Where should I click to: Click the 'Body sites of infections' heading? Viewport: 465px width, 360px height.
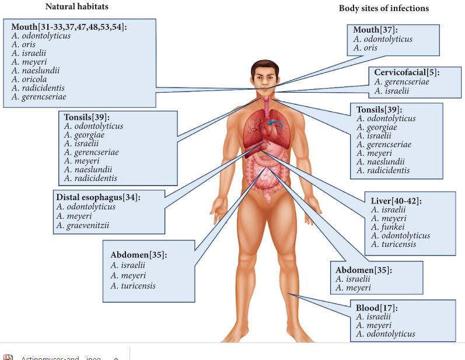click(383, 8)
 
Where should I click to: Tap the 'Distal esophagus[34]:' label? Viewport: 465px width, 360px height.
click(98, 197)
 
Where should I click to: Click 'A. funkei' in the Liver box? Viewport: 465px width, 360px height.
click(385, 227)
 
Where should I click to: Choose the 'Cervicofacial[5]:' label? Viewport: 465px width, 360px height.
click(406, 72)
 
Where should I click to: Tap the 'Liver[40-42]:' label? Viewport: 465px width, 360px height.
click(396, 201)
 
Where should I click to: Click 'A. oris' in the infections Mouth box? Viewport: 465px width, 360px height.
click(366, 48)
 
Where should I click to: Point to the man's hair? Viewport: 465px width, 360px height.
click(265, 65)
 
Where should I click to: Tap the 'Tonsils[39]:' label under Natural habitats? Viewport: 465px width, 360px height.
click(86, 117)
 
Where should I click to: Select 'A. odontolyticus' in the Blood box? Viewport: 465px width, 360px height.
click(386, 334)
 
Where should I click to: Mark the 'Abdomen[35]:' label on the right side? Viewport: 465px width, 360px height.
click(363, 270)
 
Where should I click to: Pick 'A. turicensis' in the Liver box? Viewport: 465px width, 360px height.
click(393, 244)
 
